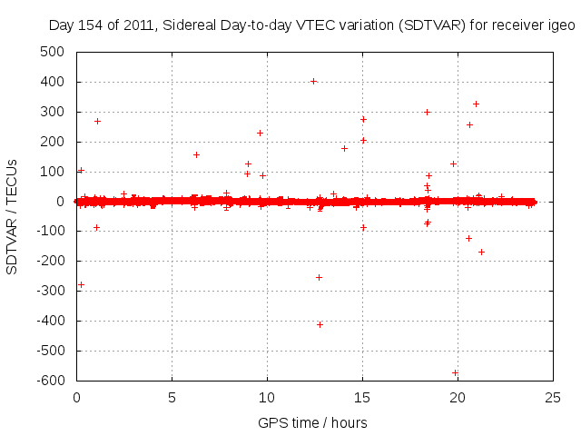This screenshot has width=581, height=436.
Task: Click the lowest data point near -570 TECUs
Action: point(455,372)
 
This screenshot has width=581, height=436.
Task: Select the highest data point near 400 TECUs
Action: point(313,81)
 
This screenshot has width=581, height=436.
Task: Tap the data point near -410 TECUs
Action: point(320,324)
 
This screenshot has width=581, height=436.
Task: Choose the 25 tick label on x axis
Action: point(553,397)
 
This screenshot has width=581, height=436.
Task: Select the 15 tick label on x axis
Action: point(362,397)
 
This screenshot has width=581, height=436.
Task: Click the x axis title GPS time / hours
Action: point(312,422)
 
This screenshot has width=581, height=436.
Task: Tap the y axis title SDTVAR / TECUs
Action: point(13,216)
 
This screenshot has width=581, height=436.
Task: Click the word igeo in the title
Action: point(560,26)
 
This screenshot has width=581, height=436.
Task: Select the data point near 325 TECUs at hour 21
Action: point(476,104)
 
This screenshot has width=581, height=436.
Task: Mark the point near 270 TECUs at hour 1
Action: point(97,121)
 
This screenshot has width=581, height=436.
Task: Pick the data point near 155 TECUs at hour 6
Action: point(196,154)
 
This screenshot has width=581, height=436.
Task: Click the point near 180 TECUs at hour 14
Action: point(344,148)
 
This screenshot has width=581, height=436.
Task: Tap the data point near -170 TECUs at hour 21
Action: point(481,252)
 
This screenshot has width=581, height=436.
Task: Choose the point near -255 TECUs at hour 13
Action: point(319,277)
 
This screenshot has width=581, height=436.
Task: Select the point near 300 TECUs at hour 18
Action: point(427,112)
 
